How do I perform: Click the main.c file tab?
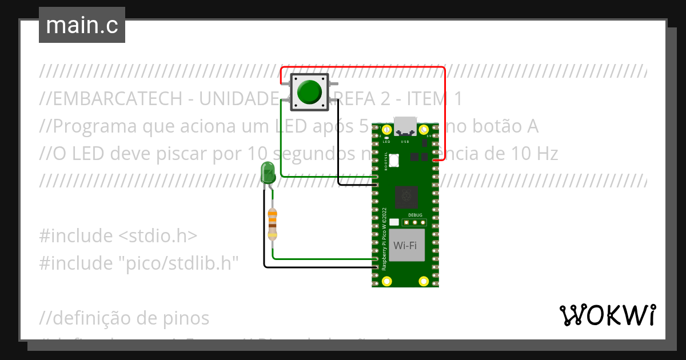pyautogui.click(x=82, y=25)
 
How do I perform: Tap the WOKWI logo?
pyautogui.click(x=607, y=315)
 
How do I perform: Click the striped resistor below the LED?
pyautogui.click(x=273, y=223)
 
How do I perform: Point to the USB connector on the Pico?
pyautogui.click(x=405, y=125)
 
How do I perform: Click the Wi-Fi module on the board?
pyautogui.click(x=405, y=246)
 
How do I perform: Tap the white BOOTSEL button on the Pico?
pyautogui.click(x=394, y=161)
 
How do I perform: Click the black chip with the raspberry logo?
pyautogui.click(x=406, y=197)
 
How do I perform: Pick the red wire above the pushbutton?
pyautogui.click(x=366, y=67)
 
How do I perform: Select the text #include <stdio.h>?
pyautogui.click(x=118, y=236)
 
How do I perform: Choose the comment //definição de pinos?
pyautogui.click(x=125, y=318)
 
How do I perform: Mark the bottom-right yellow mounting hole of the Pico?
pyautogui.click(x=424, y=281)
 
